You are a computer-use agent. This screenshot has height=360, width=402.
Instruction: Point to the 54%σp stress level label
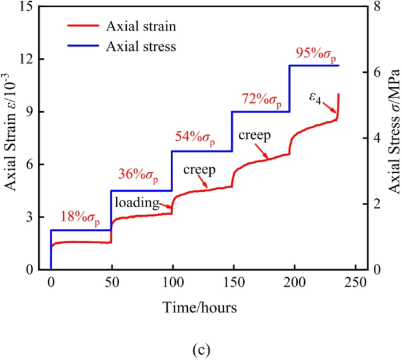(x=195, y=138)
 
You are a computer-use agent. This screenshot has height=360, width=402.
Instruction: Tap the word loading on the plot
(x=137, y=203)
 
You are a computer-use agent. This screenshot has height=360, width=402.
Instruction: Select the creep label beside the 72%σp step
(x=254, y=136)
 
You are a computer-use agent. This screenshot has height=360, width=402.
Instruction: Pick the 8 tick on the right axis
(x=376, y=6)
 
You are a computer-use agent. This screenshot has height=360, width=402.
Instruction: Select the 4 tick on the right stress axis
(x=376, y=138)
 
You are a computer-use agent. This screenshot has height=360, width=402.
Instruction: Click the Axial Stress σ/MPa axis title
(x=395, y=138)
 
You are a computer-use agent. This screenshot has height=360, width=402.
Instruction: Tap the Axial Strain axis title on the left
(x=10, y=138)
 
